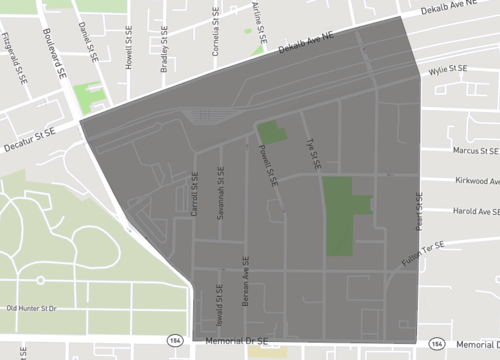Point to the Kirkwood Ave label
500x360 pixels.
476,181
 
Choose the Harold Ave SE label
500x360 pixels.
476,211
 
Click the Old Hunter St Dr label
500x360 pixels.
37,308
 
